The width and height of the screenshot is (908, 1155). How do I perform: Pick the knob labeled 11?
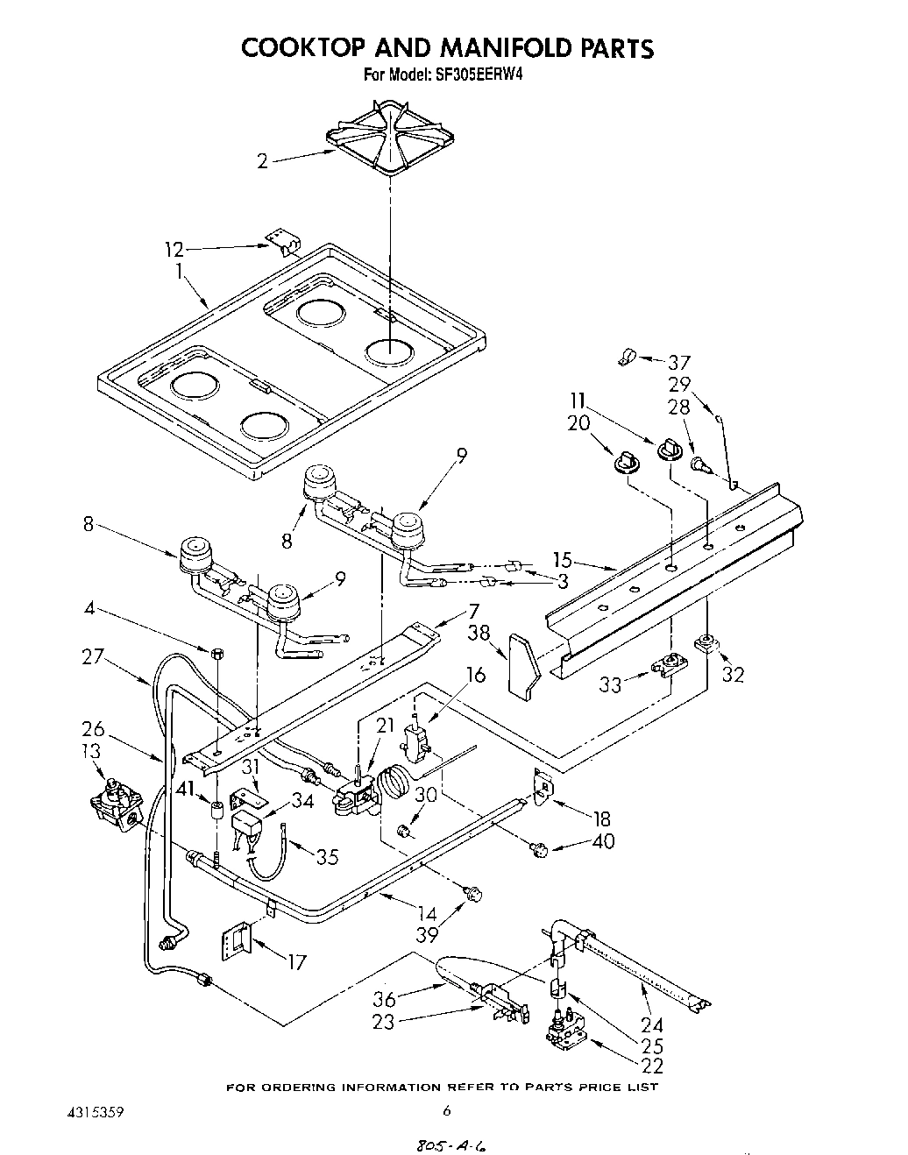[x=669, y=450]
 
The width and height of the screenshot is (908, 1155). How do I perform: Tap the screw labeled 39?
[x=474, y=893]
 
